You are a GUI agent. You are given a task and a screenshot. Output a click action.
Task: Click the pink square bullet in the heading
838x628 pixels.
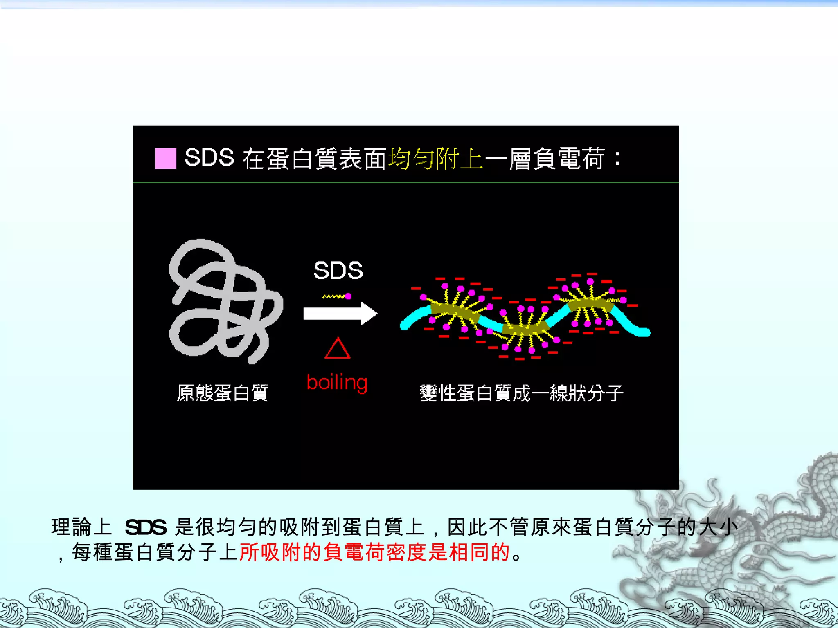coord(166,159)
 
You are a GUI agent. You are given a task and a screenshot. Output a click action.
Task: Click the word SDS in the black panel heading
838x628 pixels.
coord(209,158)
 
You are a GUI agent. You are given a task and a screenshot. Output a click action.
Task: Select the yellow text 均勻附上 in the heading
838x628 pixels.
coord(435,159)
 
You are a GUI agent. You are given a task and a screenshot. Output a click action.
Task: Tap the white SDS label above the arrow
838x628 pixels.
coord(338,271)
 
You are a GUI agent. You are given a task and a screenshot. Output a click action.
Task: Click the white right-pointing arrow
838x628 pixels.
coord(340,314)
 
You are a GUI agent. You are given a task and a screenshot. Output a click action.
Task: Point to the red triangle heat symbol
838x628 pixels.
coord(337,349)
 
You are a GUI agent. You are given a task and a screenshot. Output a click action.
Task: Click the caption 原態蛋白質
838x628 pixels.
coord(223,393)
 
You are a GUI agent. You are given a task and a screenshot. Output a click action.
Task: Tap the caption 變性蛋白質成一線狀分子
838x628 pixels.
coord(521,393)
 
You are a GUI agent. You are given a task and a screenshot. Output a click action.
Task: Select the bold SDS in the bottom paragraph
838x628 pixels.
coord(146,527)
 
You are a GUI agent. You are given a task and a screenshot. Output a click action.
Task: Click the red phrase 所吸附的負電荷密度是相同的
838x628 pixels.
coord(374,552)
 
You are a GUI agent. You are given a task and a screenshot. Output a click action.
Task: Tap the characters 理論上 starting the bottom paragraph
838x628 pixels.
coord(81,527)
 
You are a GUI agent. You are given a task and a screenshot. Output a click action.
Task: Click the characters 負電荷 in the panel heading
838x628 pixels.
coord(556,159)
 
